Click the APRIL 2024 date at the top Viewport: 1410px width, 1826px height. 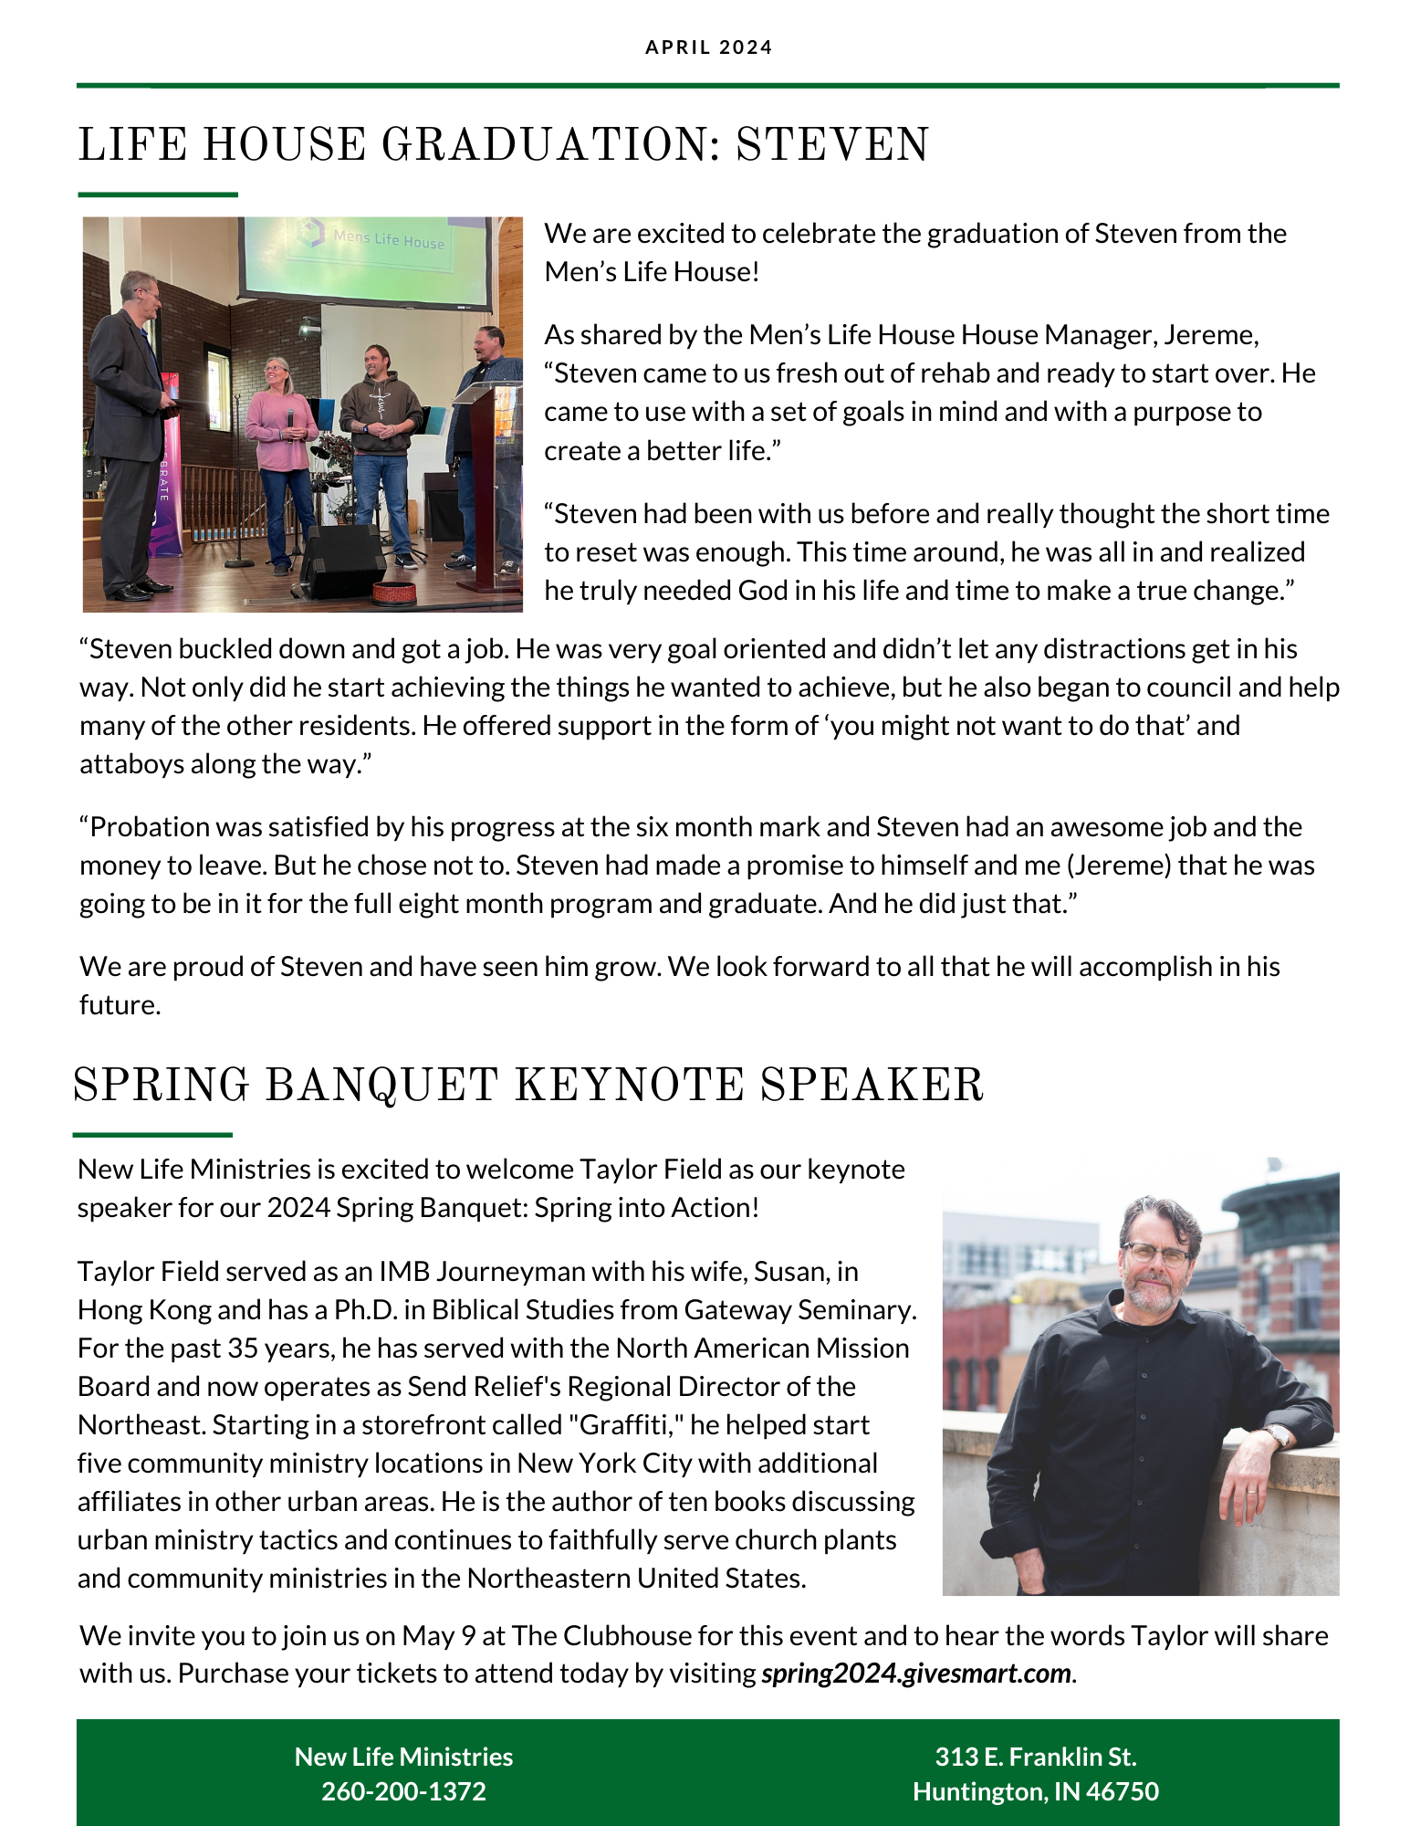(x=708, y=47)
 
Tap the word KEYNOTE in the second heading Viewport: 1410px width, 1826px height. (x=629, y=1086)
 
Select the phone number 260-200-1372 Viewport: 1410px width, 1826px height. (x=403, y=1791)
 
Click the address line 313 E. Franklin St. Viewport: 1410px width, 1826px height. (x=1035, y=1757)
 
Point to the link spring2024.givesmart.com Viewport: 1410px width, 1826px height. (x=915, y=1674)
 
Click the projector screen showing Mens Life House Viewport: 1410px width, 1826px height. (x=365, y=260)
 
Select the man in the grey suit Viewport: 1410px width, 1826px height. (x=132, y=429)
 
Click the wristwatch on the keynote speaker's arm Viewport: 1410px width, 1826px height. (x=1278, y=1437)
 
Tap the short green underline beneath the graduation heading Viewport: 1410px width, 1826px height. (x=158, y=194)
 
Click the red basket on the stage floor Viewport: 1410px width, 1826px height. (x=395, y=592)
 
